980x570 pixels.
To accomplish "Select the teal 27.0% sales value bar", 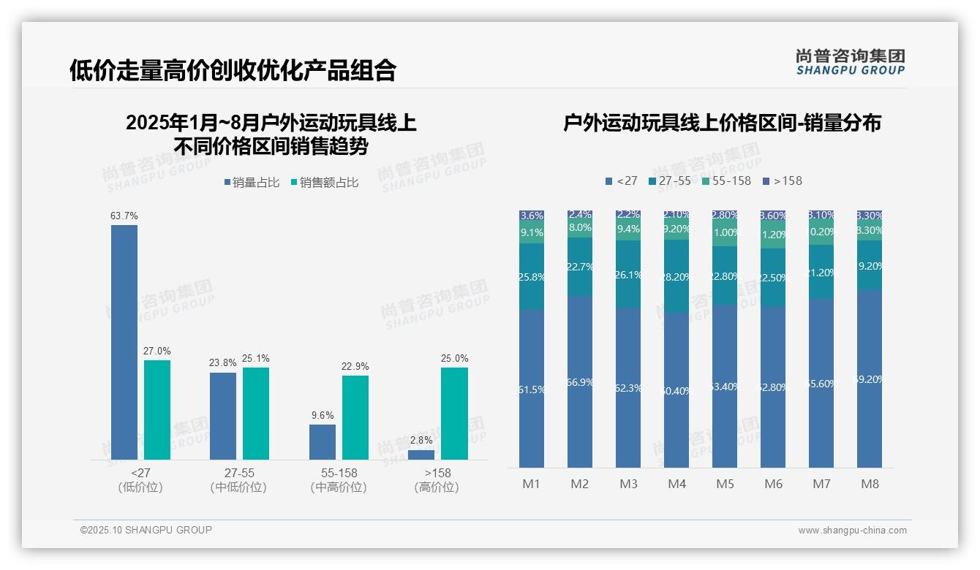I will [157, 409].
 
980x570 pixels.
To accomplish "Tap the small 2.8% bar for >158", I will [421, 455].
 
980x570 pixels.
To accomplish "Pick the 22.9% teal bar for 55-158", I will [355, 417].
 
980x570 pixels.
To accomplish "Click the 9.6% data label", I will [323, 416].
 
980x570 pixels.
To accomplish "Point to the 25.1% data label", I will [256, 359].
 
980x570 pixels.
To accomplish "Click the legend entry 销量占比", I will [252, 183].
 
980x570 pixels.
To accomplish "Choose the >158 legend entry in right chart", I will [782, 180].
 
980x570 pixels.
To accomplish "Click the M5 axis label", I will [725, 484].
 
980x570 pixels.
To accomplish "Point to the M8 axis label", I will [870, 484].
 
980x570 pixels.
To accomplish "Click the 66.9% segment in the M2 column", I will [580, 381].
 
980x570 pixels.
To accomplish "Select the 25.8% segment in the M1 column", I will [532, 277].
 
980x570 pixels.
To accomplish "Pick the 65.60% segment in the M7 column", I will [821, 383].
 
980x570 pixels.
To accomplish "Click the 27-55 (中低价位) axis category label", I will [238, 480].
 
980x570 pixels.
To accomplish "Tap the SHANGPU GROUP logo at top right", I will [850, 62].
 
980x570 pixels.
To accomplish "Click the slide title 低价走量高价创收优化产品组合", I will [233, 70].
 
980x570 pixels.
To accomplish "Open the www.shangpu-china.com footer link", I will [852, 531].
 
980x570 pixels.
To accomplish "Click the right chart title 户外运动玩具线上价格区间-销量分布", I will [722, 123].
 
